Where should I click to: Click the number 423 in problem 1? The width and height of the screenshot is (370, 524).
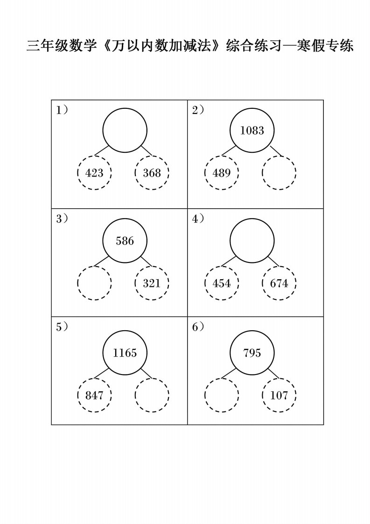(x=94, y=173)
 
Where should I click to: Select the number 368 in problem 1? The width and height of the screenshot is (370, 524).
(x=152, y=173)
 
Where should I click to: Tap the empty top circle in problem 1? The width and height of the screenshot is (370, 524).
(x=125, y=108)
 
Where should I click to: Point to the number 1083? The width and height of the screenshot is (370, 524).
(x=252, y=130)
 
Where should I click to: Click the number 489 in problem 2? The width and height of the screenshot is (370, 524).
(x=222, y=173)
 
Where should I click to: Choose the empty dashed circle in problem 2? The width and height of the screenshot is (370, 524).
(x=279, y=156)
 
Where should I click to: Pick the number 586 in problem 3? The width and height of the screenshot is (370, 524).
(x=125, y=241)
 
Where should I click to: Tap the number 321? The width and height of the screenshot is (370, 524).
(x=152, y=283)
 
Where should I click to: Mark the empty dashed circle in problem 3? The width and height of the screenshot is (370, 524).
(x=94, y=267)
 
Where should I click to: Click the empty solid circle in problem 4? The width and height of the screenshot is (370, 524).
(x=252, y=219)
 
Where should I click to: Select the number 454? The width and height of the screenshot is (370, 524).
(x=222, y=283)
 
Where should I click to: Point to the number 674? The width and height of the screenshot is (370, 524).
(x=279, y=283)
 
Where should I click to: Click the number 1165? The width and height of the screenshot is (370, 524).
(x=125, y=353)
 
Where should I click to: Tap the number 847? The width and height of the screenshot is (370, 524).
(x=94, y=396)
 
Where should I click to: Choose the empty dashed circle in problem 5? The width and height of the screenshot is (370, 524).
(x=152, y=379)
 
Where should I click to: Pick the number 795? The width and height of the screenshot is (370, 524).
(x=252, y=353)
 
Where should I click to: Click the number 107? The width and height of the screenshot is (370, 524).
(x=279, y=396)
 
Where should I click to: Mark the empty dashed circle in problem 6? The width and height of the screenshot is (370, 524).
(x=222, y=379)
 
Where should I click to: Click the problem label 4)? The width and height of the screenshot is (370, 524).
(x=198, y=219)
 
